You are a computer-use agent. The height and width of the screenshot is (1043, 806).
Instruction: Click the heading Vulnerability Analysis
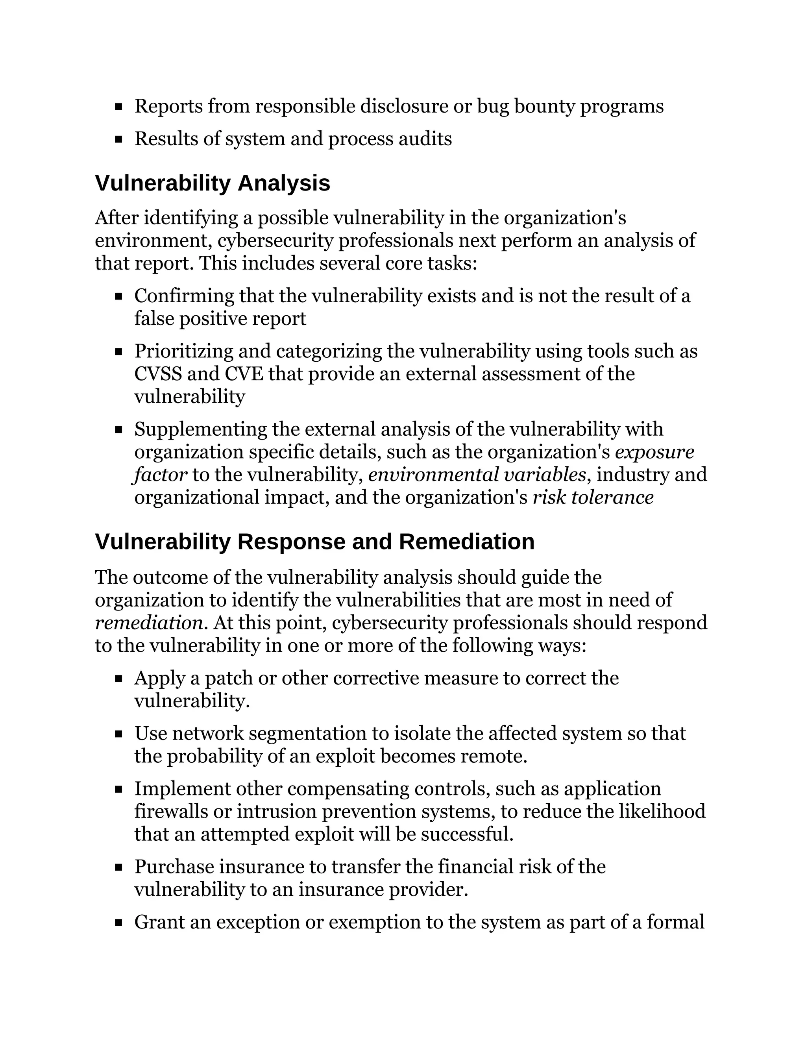click(213, 184)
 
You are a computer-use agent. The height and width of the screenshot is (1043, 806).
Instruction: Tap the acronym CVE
click(244, 374)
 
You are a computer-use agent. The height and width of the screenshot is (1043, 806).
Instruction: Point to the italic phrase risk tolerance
click(593, 497)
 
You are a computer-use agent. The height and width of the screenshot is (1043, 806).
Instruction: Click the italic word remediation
click(149, 623)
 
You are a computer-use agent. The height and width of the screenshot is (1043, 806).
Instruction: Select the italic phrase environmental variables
click(477, 475)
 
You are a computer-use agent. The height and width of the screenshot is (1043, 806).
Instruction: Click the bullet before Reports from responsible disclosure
click(118, 107)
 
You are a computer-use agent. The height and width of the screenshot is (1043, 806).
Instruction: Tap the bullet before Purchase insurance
click(118, 867)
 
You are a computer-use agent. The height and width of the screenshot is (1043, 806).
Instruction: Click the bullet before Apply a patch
click(118, 679)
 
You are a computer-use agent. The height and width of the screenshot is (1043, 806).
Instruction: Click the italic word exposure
click(654, 452)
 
